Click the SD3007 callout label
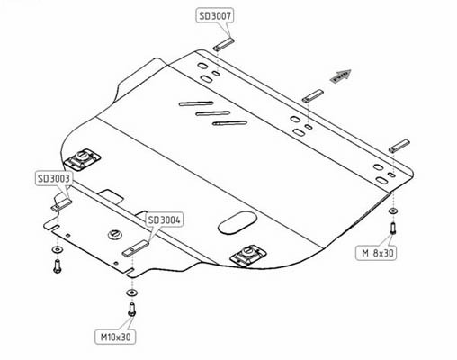[215, 15]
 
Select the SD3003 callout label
[54, 178]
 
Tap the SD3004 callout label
[164, 220]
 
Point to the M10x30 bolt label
[115, 337]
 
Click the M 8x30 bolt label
[376, 253]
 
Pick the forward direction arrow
[340, 76]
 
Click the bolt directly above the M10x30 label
[131, 310]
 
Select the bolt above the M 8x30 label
[393, 228]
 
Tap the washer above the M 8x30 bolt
[393, 211]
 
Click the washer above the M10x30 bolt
[131, 292]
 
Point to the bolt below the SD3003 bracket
[57, 266]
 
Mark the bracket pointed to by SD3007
[223, 44]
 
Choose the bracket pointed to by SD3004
[136, 248]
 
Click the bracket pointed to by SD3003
[62, 204]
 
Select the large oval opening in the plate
[237, 223]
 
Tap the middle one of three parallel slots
[213, 113]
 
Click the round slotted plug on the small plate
[115, 234]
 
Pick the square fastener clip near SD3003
[82, 159]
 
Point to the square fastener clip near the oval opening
[248, 256]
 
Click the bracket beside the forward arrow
[313, 96]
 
